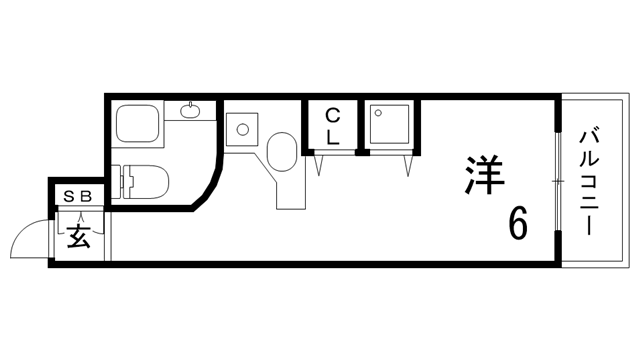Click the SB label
[x=77, y=197]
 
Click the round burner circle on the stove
[x=240, y=128]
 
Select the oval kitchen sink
[x=281, y=155]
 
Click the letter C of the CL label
[x=332, y=116]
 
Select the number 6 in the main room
[x=517, y=223]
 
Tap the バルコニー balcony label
[x=589, y=179]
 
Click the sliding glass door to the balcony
[x=555, y=180]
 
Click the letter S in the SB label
[x=70, y=197]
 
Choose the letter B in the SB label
[x=85, y=197]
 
